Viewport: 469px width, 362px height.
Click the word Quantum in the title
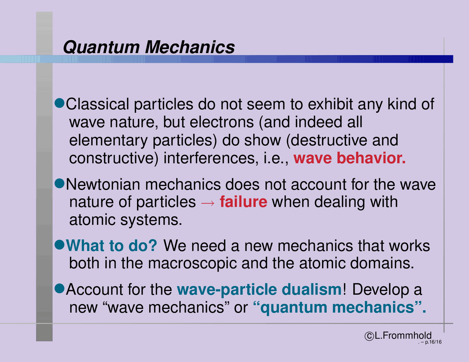(x=101, y=47)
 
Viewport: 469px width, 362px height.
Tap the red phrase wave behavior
(x=349, y=158)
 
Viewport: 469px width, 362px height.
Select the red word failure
(x=243, y=202)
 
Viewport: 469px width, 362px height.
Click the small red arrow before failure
(x=208, y=202)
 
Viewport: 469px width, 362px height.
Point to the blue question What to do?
(x=112, y=246)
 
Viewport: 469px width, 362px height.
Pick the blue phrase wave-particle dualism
(x=259, y=290)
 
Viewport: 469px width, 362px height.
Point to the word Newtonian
(x=103, y=184)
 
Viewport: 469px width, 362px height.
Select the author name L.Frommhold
(x=403, y=336)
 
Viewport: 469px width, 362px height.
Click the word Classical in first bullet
(x=97, y=104)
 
